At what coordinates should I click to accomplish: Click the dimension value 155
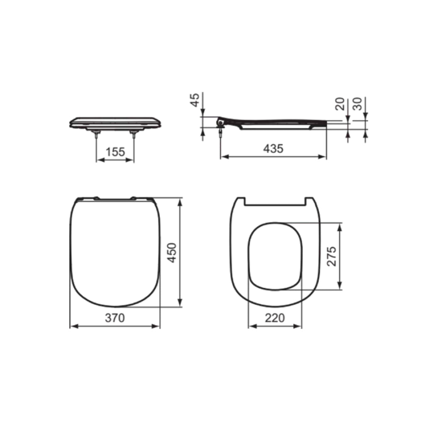click(115, 152)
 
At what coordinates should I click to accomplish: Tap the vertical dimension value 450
click(172, 252)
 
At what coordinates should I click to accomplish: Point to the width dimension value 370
click(115, 318)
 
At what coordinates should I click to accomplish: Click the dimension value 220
click(275, 318)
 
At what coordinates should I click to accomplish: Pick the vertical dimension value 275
click(332, 256)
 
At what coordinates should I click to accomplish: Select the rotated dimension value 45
click(195, 100)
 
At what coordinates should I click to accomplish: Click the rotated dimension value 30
click(358, 104)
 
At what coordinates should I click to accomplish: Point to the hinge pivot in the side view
click(220, 122)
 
